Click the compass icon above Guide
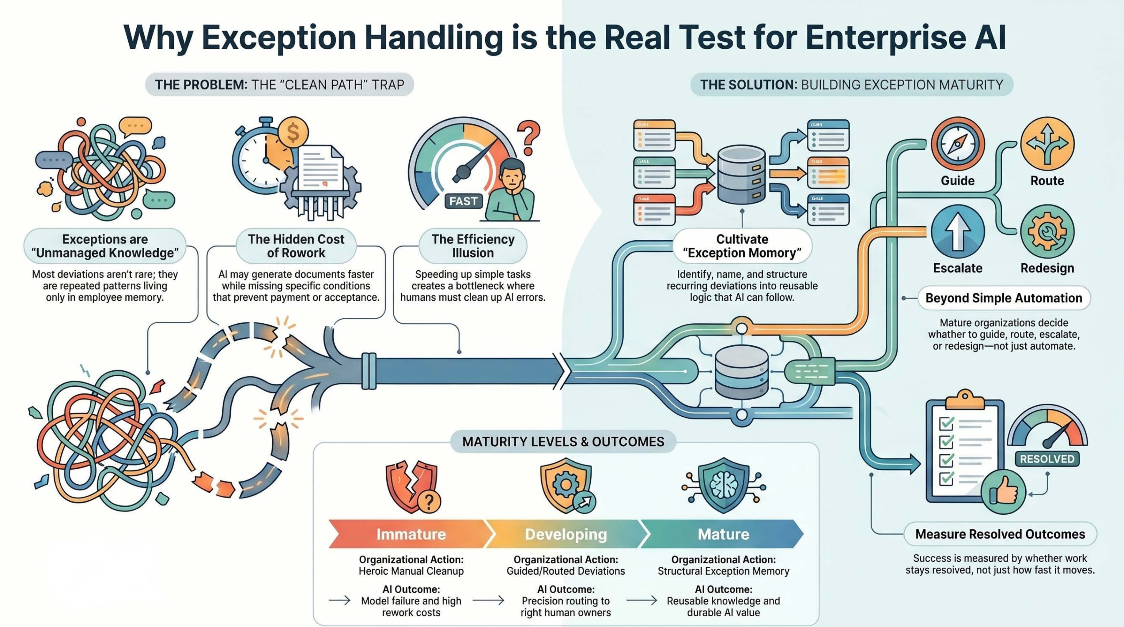tap(958, 144)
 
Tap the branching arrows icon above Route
tap(1047, 144)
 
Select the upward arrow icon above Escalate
tap(958, 231)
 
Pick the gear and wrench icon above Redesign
tap(1047, 231)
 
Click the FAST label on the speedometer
tap(464, 201)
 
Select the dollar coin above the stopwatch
tap(293, 133)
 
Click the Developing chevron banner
tap(566, 534)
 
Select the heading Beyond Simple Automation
tap(1004, 298)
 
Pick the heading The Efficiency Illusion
tap(473, 246)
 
